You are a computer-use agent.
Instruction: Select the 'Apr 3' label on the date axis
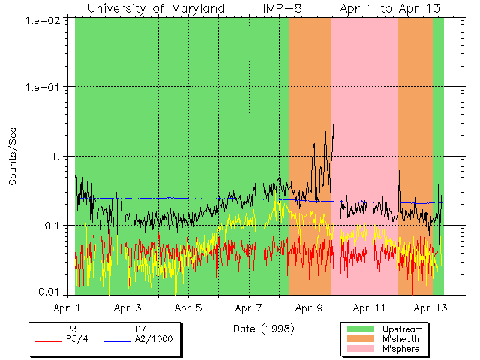128,307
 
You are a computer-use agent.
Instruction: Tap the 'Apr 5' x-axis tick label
188,307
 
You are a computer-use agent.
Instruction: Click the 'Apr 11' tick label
369,307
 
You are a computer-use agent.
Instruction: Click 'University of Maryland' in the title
157,8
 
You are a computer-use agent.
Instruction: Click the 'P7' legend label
140,329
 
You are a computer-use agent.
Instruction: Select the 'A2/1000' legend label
153,339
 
